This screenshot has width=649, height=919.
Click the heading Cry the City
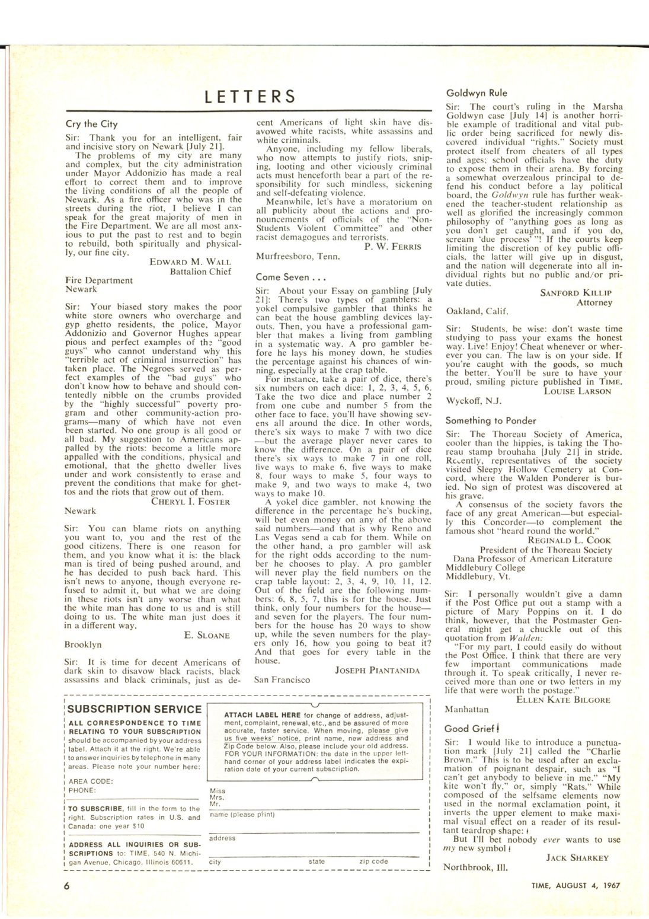pos(92,125)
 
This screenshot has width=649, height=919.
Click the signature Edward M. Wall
pos(190,262)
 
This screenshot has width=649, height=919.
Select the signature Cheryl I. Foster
pos(191,502)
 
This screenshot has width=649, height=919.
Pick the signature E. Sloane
pos(207,635)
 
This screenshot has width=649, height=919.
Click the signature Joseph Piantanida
pos(378,670)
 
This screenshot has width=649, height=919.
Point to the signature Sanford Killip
pos(576,292)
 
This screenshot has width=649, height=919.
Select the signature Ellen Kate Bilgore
pos(563,700)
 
